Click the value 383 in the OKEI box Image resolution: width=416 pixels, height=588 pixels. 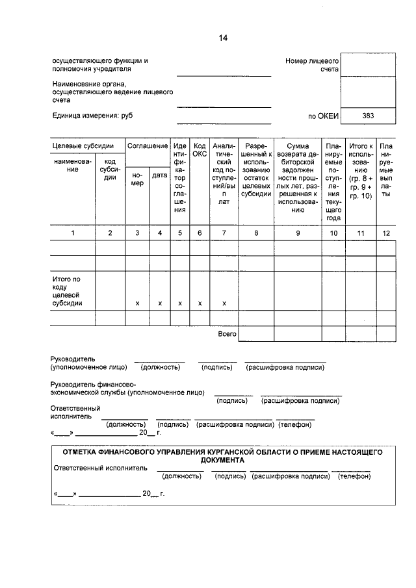[x=368, y=116]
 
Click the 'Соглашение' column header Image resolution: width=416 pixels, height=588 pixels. [x=148, y=146]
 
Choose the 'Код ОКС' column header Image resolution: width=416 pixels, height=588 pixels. [x=200, y=150]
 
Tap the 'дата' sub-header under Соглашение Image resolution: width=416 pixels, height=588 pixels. [x=159, y=175]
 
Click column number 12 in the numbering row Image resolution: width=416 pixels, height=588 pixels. [x=386, y=233]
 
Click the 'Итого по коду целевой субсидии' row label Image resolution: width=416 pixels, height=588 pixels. [x=67, y=291]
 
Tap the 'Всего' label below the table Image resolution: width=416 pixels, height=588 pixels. [x=227, y=334]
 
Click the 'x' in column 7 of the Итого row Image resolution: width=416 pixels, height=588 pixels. [x=224, y=303]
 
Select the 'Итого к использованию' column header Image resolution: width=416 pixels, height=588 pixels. [x=361, y=171]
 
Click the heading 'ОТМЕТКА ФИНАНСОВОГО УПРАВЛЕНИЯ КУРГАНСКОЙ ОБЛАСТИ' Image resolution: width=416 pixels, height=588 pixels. [x=222, y=455]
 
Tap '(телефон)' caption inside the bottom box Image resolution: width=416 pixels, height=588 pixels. [x=354, y=476]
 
